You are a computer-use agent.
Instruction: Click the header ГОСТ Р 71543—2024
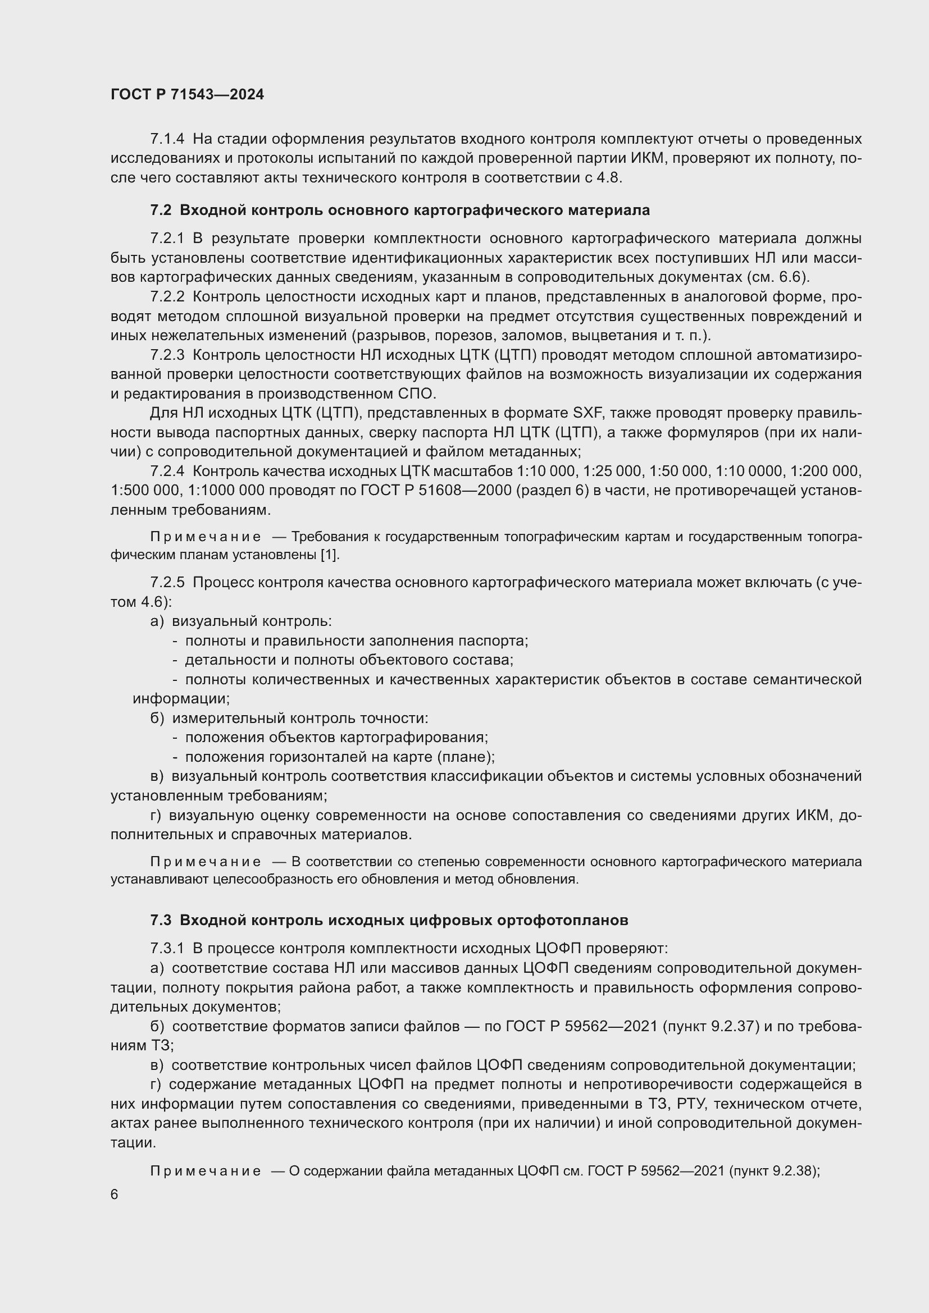[x=187, y=95]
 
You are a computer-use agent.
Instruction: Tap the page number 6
[x=115, y=1195]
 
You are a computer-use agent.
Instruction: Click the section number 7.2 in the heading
[x=161, y=211]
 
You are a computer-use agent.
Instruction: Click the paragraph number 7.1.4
[x=167, y=139]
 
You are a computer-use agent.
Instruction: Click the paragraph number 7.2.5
[x=167, y=583]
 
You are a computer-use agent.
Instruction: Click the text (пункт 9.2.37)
[x=711, y=1027]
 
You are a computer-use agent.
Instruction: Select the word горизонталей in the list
[x=309, y=757]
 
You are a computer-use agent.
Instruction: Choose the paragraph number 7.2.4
[x=167, y=471]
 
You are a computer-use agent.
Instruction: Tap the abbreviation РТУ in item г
[x=691, y=1104]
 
